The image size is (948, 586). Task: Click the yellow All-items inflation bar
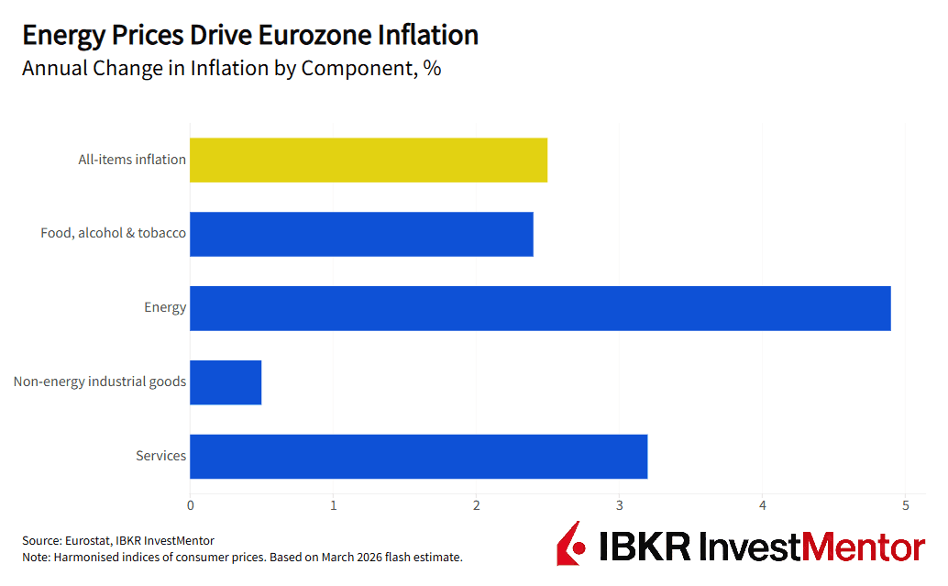coord(368,160)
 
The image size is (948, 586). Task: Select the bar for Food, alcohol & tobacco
coord(361,234)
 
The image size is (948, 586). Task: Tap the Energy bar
coord(540,308)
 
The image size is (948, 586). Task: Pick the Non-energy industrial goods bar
coord(226,382)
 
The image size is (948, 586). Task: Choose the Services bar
coord(418,456)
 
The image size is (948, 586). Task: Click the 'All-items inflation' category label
coord(132,160)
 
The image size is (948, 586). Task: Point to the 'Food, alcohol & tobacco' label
coord(113,233)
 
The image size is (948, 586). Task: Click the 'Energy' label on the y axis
coord(165,307)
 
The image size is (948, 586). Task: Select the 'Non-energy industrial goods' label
coord(100,381)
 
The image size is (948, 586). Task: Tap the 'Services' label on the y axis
coord(161,456)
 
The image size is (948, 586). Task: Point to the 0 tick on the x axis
coord(190,505)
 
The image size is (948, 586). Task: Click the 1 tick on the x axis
coord(333,505)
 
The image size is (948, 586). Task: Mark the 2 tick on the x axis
coord(477,505)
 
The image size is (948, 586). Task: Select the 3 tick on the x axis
coord(620,505)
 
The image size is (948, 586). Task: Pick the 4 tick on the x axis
coord(763,505)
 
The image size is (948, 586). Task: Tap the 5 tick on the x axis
coord(906,505)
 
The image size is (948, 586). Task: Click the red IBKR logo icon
coord(570,544)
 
